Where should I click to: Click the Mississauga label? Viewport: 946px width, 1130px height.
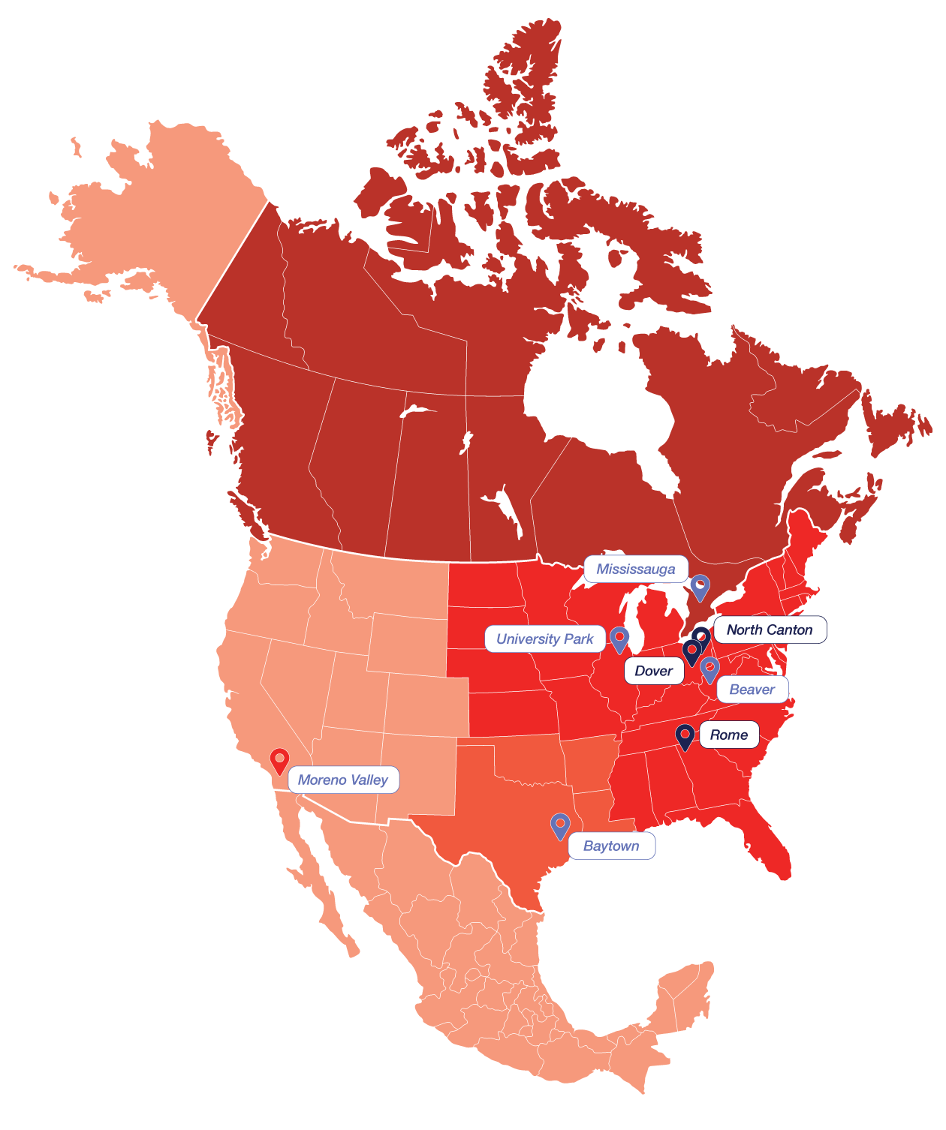[x=636, y=570]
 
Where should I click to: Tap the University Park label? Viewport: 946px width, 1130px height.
[x=545, y=639]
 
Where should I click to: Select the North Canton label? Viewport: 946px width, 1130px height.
[x=770, y=630]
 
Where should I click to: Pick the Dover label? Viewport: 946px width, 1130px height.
[x=654, y=671]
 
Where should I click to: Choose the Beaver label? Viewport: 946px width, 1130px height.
[x=752, y=690]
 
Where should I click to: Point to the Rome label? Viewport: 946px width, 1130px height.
[x=729, y=735]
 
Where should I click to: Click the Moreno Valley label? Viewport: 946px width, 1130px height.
[x=343, y=780]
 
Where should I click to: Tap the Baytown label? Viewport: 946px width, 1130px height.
[x=612, y=846]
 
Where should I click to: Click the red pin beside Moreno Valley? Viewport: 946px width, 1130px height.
[x=279, y=760]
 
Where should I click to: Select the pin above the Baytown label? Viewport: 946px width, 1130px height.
[x=560, y=825]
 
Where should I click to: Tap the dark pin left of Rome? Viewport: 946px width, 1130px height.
[x=685, y=736]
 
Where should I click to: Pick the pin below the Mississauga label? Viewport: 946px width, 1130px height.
[x=700, y=587]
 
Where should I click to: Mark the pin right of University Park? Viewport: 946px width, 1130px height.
[x=619, y=639]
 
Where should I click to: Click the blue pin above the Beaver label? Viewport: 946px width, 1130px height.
[x=709, y=669]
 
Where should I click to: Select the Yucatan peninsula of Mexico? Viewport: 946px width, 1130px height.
[x=687, y=990]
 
